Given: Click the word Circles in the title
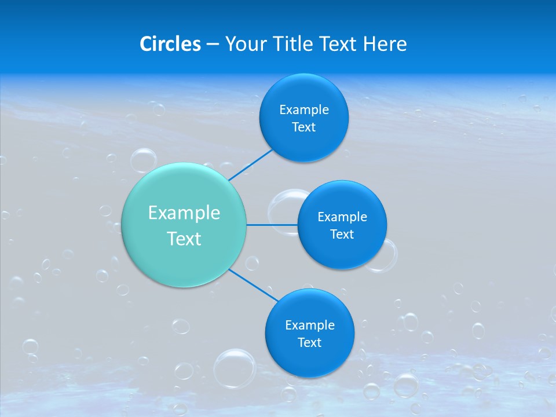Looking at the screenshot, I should pyautogui.click(x=170, y=44).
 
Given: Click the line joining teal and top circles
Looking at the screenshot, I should pyautogui.click(x=250, y=164).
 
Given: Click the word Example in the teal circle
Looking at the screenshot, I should pyautogui.click(x=184, y=213).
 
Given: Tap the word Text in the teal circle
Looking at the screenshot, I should pyautogui.click(x=184, y=239).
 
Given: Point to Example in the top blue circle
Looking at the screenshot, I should pyautogui.click(x=304, y=110).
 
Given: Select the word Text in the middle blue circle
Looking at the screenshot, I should pyautogui.click(x=342, y=235).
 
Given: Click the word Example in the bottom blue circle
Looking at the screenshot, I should pyautogui.click(x=309, y=325).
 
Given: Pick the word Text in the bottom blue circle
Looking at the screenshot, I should pyautogui.click(x=309, y=343).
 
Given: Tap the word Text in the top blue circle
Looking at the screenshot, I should pyautogui.click(x=304, y=127).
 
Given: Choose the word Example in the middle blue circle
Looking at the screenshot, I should pyautogui.click(x=342, y=217).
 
